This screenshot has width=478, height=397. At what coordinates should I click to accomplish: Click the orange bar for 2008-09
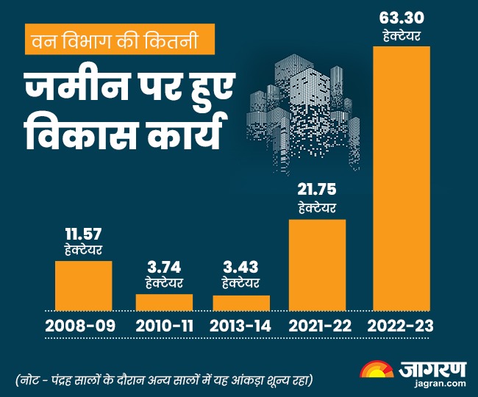tap(84, 285)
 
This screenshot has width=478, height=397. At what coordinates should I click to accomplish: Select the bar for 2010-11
tap(164, 301)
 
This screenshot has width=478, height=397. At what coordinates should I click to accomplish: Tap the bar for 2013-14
tap(241, 302)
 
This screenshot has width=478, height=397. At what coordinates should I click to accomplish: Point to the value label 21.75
tap(318, 190)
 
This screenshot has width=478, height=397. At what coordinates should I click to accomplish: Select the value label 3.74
tap(164, 265)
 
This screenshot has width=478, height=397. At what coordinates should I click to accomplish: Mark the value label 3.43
tap(241, 265)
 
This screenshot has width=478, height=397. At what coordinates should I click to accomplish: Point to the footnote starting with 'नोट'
tap(166, 379)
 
